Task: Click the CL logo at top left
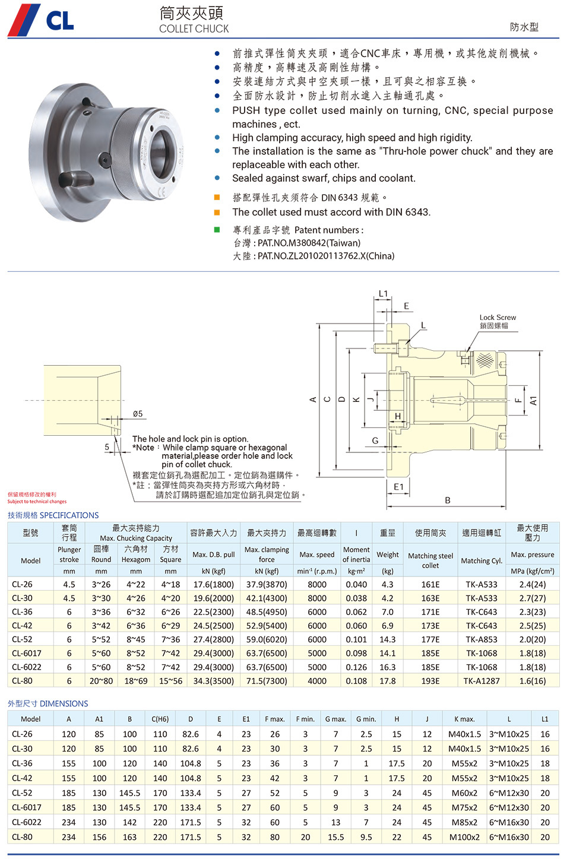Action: tap(42, 20)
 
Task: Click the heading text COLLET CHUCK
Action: tap(194, 28)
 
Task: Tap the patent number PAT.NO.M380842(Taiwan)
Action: tap(309, 243)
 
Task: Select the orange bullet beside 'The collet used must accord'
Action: tap(217, 212)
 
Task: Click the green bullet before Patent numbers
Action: tap(217, 230)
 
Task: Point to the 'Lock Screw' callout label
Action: tap(498, 318)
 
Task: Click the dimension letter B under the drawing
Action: tap(448, 500)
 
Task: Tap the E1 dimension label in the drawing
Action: tap(398, 487)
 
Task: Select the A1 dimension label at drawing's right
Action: tap(533, 401)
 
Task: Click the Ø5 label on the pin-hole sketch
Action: tap(138, 414)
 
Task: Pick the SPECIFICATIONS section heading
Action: tap(53, 515)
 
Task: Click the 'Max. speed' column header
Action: tap(317, 554)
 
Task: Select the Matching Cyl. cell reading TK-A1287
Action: tap(482, 681)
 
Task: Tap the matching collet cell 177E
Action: tap(430, 639)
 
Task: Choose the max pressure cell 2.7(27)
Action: tap(532, 598)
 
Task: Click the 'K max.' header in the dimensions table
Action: tap(464, 719)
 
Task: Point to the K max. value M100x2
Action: tap(464, 837)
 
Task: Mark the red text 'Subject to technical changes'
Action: tap(37, 502)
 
